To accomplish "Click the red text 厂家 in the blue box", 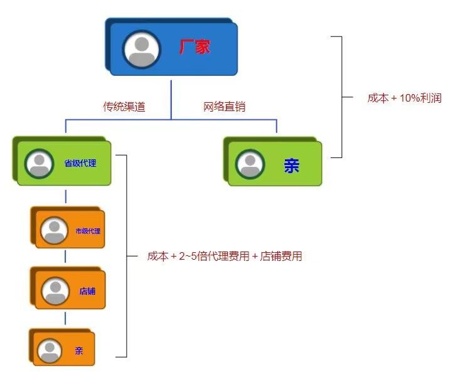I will [194, 47].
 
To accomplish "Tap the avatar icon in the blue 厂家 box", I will [142, 49].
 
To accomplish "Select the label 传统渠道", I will [124, 107].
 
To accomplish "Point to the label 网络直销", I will [224, 107].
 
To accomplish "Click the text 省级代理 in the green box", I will [80, 163].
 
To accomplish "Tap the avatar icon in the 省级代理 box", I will [40, 164].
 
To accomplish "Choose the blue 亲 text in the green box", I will [291, 166].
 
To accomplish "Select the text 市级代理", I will [88, 231].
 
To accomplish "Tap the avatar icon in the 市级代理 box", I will [54, 230].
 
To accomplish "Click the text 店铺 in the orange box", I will [87, 291].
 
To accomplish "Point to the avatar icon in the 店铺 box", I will [55, 290].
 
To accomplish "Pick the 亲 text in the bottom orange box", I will [79, 351].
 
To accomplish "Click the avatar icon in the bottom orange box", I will [49, 351].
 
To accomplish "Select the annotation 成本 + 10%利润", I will [404, 98].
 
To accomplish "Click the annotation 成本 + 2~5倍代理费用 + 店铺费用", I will [225, 256].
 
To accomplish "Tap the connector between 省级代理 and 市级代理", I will [66, 196].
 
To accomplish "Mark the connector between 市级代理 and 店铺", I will [66, 257].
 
